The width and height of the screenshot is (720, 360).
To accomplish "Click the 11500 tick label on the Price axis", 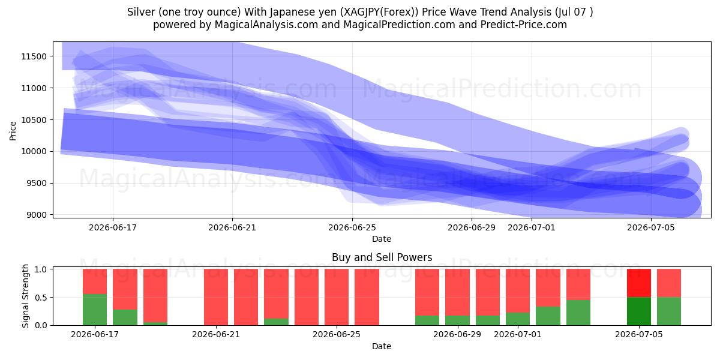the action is click(x=34, y=56).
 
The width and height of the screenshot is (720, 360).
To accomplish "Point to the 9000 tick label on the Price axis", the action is click(x=37, y=215).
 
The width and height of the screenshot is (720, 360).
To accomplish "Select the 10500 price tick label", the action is click(x=34, y=120).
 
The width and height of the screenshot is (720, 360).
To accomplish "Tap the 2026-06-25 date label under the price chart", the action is click(x=352, y=227).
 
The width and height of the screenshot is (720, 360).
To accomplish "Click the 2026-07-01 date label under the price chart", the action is click(x=532, y=227).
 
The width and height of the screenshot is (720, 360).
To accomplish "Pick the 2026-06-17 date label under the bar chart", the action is click(x=95, y=335).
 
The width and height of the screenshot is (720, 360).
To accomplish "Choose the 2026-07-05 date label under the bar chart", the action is click(x=638, y=335).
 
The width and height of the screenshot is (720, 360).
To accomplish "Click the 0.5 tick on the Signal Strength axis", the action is click(x=41, y=298).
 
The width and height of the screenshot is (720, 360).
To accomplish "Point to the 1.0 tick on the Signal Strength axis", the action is click(x=41, y=269).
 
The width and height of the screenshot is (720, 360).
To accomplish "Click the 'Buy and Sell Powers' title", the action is click(x=382, y=257).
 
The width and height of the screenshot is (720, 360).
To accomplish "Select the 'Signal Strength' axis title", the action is click(x=25, y=296).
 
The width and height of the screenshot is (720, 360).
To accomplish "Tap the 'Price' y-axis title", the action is click(x=13, y=131).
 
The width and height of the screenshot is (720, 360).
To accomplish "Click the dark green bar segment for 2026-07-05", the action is click(x=638, y=311).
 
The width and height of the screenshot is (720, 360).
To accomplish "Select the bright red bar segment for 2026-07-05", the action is click(x=638, y=283).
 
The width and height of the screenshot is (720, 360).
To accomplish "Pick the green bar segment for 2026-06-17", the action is click(x=95, y=310).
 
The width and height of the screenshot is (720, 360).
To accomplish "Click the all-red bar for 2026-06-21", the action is click(x=215, y=297).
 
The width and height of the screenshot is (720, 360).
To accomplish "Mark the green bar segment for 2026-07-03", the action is click(x=578, y=313).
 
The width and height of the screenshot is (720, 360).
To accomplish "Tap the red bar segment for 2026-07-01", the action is click(x=518, y=291).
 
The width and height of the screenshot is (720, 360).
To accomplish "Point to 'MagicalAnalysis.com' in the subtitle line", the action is click(x=266, y=25).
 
